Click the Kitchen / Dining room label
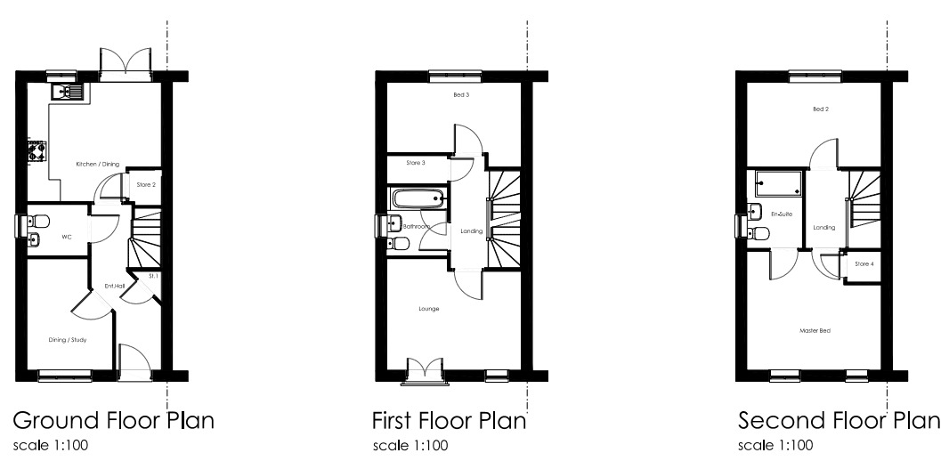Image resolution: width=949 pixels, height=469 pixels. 98,165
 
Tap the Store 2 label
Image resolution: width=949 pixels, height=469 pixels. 146,185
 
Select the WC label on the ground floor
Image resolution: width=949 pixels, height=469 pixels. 66,238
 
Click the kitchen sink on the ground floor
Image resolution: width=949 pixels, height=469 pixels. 67,91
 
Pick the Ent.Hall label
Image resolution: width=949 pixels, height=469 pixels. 114,286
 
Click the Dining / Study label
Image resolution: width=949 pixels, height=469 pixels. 67,339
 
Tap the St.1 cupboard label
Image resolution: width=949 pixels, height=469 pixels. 153,277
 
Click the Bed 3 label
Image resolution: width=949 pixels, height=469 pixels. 460,94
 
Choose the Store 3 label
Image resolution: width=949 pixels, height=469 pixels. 416,163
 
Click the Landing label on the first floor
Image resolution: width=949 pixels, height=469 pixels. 471,231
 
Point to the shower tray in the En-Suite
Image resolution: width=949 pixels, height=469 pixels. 778,184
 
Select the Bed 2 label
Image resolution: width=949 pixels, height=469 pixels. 820,109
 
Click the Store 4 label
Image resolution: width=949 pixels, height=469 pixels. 864,264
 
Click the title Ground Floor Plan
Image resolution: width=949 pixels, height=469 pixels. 112,420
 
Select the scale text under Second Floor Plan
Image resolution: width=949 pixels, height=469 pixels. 775,445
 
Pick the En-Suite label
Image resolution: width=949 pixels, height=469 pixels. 782,214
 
